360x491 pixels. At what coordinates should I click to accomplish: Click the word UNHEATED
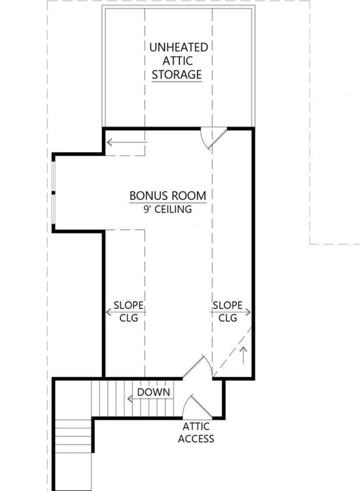click(x=178, y=47)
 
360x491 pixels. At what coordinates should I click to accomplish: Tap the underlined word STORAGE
click(x=178, y=74)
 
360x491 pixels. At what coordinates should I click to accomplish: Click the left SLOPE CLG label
click(x=129, y=311)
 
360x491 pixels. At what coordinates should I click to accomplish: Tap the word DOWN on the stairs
click(x=154, y=392)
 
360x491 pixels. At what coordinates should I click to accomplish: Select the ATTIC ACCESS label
click(x=198, y=433)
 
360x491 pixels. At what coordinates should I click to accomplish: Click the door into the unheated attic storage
click(x=211, y=138)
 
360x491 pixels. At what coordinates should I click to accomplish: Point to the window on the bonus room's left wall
click(x=53, y=191)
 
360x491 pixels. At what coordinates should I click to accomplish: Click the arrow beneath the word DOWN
click(x=149, y=400)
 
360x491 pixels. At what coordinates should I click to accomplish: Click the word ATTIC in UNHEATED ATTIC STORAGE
click(x=178, y=60)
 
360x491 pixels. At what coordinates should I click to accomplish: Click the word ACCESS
click(x=198, y=439)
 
